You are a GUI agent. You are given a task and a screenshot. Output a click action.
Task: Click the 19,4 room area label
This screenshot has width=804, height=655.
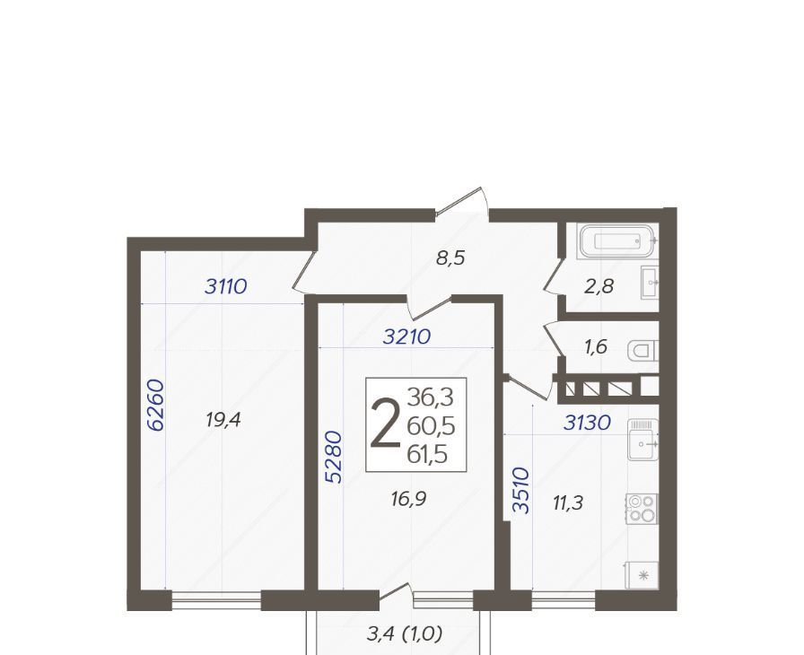(223, 421)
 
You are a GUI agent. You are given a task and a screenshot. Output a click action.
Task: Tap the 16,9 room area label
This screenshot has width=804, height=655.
(408, 498)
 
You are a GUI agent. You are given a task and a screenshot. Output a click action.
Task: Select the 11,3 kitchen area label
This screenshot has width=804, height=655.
(568, 502)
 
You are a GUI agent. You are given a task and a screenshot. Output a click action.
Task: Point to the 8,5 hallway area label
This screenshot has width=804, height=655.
(450, 258)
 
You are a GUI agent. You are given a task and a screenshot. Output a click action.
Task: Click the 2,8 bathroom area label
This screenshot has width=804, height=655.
(599, 286)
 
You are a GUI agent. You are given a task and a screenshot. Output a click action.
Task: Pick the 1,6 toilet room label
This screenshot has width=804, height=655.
(595, 347)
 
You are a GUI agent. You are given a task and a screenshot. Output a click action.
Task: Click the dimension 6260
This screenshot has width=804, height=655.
(155, 405)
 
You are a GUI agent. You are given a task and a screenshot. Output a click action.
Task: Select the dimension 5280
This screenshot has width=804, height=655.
(333, 458)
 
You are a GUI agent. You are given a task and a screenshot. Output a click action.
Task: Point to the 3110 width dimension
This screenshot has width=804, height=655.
(225, 286)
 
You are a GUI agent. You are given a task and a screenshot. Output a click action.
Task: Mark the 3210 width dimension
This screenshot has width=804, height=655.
(406, 336)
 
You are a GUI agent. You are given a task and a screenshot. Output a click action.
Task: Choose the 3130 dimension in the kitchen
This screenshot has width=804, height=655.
(587, 423)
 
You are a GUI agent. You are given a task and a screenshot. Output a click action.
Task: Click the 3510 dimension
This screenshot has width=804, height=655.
(521, 490)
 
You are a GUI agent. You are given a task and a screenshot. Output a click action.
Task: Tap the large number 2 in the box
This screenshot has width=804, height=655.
(386, 425)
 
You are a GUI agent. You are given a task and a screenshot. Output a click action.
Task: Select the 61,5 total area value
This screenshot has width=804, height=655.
(427, 454)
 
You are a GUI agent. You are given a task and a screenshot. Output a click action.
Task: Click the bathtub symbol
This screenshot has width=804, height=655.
(617, 240)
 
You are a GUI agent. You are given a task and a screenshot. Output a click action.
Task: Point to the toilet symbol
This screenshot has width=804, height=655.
(643, 351)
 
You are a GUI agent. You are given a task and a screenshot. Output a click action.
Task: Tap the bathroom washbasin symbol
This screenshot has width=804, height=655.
(651, 282)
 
